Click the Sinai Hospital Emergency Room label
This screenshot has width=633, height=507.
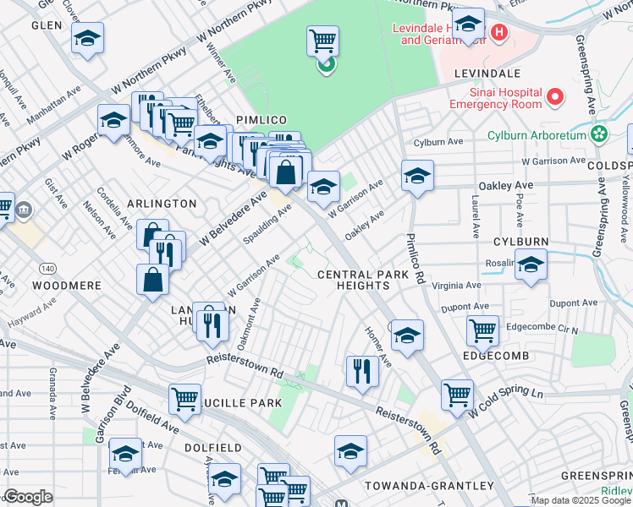pyautogui.click(x=495, y=98)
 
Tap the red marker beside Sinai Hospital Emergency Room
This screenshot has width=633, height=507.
pyautogui.click(x=556, y=97)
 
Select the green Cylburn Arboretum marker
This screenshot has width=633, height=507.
pyautogui.click(x=600, y=134)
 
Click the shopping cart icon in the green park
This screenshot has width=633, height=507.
pyautogui.click(x=322, y=40)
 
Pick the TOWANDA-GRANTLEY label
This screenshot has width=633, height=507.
pyautogui.click(x=428, y=486)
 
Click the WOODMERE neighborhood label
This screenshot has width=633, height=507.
pyautogui.click(x=67, y=286)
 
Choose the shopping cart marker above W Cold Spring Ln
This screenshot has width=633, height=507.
pyautogui.click(x=457, y=393)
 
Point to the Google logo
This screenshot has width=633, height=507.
pyautogui.click(x=28, y=497)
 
